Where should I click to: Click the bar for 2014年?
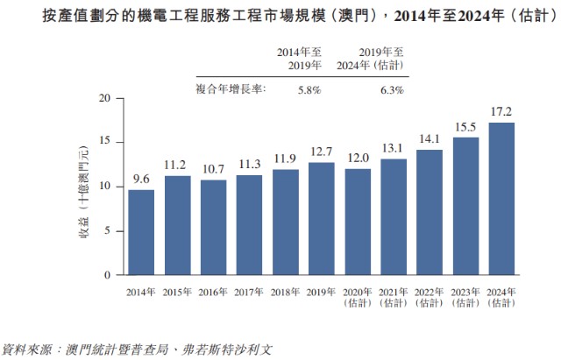click(141, 232)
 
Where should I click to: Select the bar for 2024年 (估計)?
click(501, 199)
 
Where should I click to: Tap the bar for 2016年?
click(213, 227)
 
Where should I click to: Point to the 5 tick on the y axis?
click(106, 230)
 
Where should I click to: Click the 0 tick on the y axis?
click(106, 275)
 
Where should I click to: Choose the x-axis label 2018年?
click(285, 291)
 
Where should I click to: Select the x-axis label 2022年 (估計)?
click(429, 297)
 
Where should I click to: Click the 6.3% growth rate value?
click(391, 89)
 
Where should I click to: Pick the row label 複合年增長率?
click(231, 89)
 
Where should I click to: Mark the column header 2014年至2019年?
click(300, 59)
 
